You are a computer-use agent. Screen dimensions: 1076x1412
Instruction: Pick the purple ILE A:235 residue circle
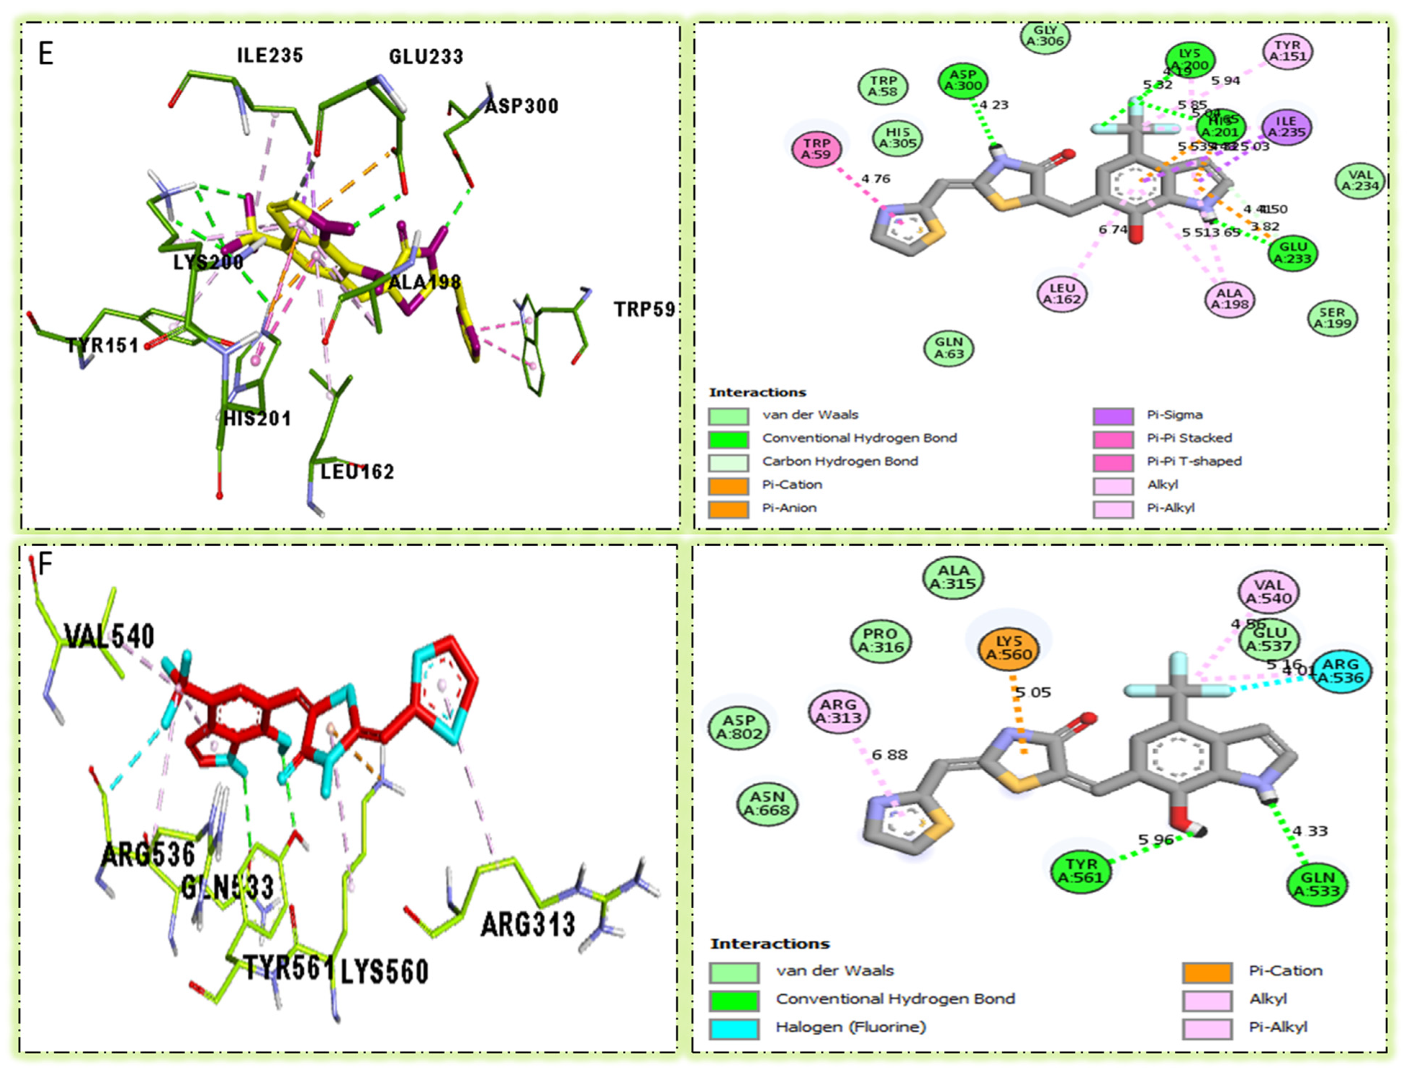click(x=1286, y=127)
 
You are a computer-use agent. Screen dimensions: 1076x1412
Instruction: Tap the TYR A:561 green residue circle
click(x=1081, y=871)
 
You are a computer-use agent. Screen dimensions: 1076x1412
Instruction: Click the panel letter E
click(x=45, y=54)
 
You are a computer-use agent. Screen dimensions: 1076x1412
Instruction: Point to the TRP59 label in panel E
click(x=645, y=310)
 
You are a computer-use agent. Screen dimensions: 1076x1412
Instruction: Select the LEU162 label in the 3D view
click(x=357, y=472)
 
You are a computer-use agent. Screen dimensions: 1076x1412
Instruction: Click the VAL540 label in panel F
click(x=109, y=636)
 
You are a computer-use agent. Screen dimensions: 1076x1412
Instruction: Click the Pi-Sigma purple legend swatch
click(x=1113, y=416)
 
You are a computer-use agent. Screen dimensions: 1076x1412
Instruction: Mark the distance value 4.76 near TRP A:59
click(x=875, y=179)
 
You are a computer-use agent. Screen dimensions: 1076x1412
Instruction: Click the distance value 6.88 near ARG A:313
click(x=889, y=755)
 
